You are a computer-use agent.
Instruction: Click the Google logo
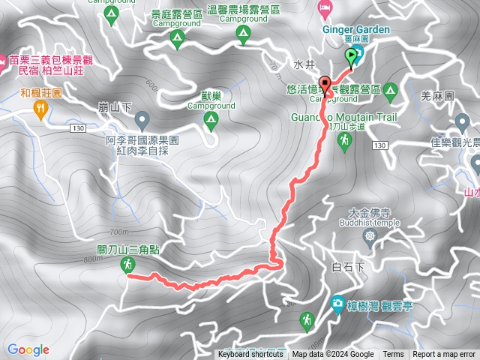[28, 349]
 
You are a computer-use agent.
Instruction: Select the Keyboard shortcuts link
[250, 355]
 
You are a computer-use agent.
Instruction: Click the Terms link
[393, 355]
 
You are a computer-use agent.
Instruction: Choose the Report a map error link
[445, 355]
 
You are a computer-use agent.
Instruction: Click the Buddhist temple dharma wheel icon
[370, 237]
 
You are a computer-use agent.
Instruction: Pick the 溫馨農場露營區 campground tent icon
[242, 34]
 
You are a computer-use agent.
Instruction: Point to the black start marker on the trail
[325, 84]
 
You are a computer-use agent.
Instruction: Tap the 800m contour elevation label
[93, 259]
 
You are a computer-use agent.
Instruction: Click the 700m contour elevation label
[118, 232]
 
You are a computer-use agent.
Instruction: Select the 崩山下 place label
[115, 107]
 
